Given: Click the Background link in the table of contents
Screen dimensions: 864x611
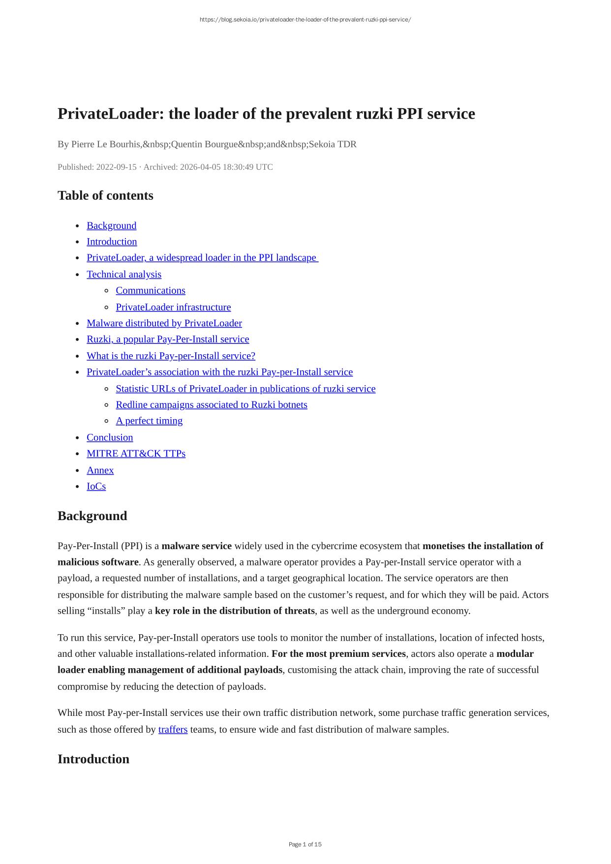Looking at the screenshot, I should pyautogui.click(x=111, y=225).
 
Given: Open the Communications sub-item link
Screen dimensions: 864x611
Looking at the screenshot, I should pyautogui.click(x=151, y=290).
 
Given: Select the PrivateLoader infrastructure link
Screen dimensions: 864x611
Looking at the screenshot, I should pyautogui.click(x=173, y=307).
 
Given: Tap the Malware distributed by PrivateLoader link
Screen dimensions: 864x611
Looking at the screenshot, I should pyautogui.click(x=164, y=323).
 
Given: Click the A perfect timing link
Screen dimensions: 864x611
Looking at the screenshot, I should pyautogui.click(x=149, y=421).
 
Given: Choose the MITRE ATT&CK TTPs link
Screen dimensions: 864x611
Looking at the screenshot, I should pyautogui.click(x=136, y=453).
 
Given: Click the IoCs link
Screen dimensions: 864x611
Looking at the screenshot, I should pyautogui.click(x=96, y=486).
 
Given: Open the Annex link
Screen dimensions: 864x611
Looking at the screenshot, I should pyautogui.click(x=100, y=470).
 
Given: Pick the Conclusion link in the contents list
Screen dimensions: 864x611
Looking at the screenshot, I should pyautogui.click(x=110, y=437).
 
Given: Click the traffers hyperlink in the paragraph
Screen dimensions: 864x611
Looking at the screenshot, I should pyautogui.click(x=173, y=729).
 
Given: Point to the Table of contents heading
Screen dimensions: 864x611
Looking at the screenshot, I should pyautogui.click(x=105, y=195).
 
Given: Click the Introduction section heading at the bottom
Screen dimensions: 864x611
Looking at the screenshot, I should pyautogui.click(x=93, y=759).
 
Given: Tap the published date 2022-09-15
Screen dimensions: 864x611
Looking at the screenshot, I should pyautogui.click(x=116, y=167).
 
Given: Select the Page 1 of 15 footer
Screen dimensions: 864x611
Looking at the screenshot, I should pyautogui.click(x=305, y=844).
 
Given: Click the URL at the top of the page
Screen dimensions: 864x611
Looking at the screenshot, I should pyautogui.click(x=305, y=20).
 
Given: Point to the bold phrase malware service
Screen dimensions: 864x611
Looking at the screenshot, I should pyautogui.click(x=196, y=546).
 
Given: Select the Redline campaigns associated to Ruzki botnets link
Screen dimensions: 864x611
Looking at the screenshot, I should pyautogui.click(x=212, y=404).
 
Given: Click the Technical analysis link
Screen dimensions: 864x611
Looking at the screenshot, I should pyautogui.click(x=124, y=274).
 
